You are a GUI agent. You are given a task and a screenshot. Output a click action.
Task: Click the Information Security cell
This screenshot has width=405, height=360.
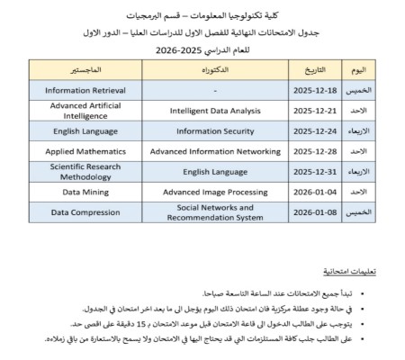(x=212, y=130)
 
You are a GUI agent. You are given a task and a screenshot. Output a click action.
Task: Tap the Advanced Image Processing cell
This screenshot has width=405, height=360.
(x=212, y=192)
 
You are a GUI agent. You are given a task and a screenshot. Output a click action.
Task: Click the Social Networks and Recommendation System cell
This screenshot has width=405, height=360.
(x=212, y=212)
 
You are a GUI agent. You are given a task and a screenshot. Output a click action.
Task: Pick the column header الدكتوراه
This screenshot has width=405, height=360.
(x=213, y=69)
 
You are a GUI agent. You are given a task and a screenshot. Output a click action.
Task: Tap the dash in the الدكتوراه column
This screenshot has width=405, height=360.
(x=213, y=90)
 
